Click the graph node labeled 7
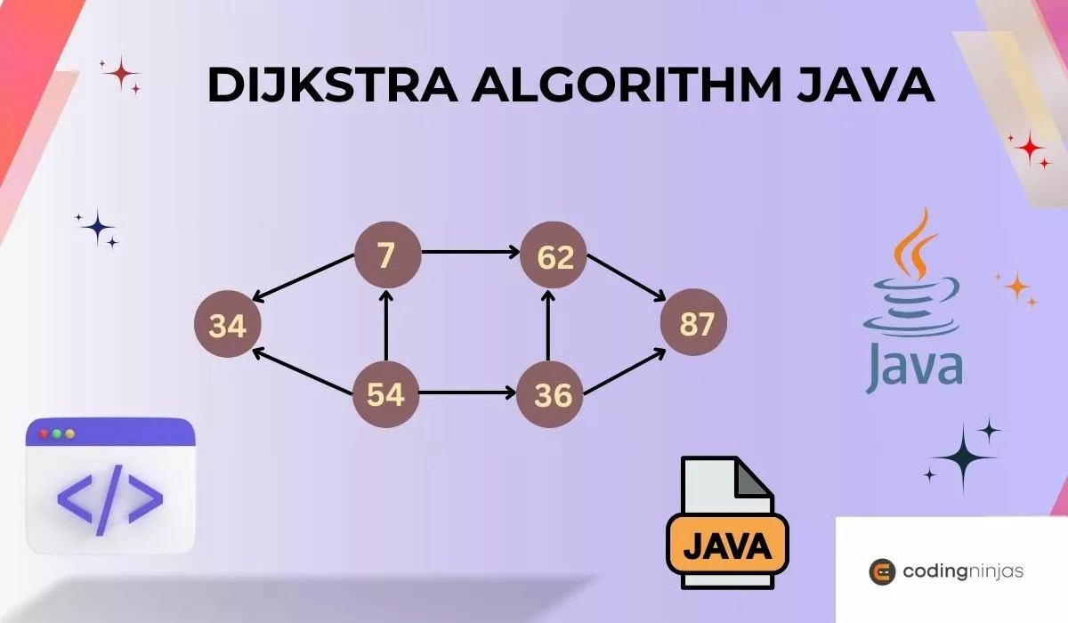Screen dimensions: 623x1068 (386, 255)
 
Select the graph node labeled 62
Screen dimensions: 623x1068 (554, 256)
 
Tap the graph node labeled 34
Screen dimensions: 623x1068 (227, 327)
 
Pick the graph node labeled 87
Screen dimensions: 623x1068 (694, 325)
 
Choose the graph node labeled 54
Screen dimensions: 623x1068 (386, 394)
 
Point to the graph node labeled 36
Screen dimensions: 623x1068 (551, 394)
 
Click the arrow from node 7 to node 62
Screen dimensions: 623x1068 (470, 252)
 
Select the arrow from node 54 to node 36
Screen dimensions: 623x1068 (467, 392)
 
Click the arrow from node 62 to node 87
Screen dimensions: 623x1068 (627, 276)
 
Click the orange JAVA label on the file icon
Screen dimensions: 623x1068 (727, 544)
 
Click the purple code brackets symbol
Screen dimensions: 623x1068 (110, 496)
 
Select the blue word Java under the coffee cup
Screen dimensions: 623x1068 (915, 365)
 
